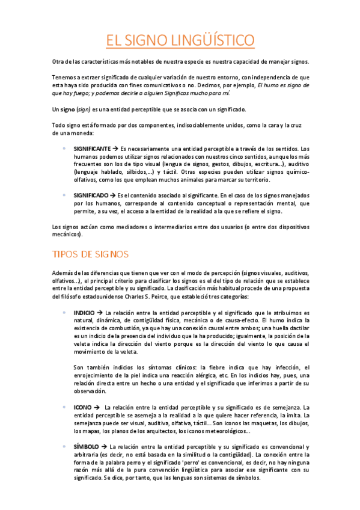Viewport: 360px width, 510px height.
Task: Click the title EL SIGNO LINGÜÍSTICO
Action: point(180,40)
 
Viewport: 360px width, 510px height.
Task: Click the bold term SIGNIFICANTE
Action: point(92,148)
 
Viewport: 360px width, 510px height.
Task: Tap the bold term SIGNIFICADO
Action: point(91,195)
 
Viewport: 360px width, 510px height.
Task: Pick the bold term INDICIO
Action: point(84,313)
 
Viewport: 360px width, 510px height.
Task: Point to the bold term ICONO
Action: point(83,407)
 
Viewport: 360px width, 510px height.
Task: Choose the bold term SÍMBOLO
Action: point(87,447)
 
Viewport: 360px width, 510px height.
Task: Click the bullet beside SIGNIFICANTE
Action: point(64,148)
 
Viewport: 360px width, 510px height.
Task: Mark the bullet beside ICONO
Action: point(64,407)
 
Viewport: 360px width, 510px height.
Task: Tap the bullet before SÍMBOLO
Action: point(64,447)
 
